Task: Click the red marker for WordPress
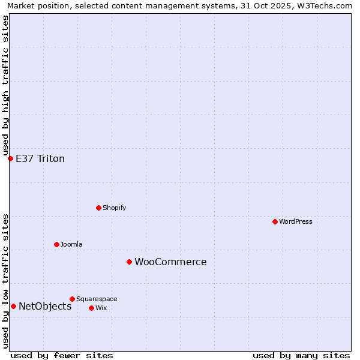coord(275,221)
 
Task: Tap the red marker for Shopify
coord(98,208)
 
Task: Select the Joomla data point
coord(56,244)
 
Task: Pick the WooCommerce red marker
coord(129,262)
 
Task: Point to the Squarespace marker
coord(72,299)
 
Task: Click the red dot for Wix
coord(91,308)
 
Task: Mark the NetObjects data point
coord(13,306)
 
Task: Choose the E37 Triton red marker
coord(10,158)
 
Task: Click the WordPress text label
coord(296,221)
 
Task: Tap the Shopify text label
coord(115,208)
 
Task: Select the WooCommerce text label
coord(170,262)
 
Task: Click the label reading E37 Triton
coord(40,158)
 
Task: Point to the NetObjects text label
coord(45,306)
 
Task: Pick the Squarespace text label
coord(97,299)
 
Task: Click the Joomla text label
coord(71,244)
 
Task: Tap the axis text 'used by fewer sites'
coord(62,355)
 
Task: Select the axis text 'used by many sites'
coord(301,355)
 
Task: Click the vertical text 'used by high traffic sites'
coord(5,85)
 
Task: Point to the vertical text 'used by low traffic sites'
coord(5,280)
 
